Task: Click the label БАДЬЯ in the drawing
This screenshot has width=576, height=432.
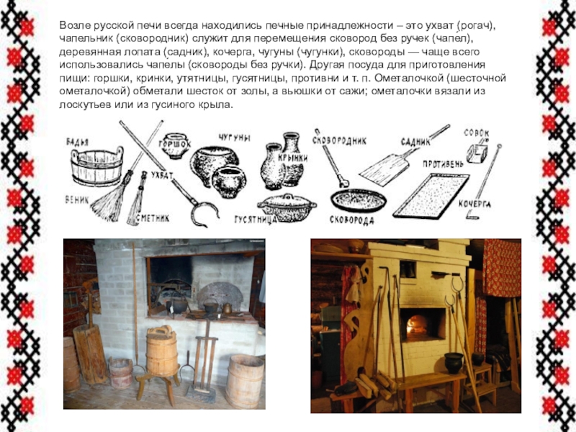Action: [77, 142]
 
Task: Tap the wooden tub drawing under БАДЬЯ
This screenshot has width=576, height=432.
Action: [97, 167]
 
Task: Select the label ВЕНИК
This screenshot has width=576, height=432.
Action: [77, 200]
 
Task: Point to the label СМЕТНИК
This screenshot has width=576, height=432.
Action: [153, 218]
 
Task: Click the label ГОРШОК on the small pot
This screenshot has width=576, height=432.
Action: [175, 144]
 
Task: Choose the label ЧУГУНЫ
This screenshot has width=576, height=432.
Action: [235, 138]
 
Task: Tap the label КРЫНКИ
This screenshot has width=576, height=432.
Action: [292, 158]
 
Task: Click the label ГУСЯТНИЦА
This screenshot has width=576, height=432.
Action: [256, 220]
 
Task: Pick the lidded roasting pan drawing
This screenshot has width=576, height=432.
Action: [287, 207]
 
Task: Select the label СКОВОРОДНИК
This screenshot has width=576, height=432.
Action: [339, 140]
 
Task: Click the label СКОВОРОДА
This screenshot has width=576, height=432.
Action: [351, 220]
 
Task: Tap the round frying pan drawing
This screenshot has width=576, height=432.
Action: [358, 201]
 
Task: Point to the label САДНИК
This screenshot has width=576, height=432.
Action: [415, 142]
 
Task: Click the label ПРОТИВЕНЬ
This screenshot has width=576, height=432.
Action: [443, 164]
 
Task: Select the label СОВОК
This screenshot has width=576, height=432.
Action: [477, 133]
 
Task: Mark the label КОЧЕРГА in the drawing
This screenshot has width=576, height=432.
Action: [474, 204]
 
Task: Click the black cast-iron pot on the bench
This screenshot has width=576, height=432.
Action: [454, 363]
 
